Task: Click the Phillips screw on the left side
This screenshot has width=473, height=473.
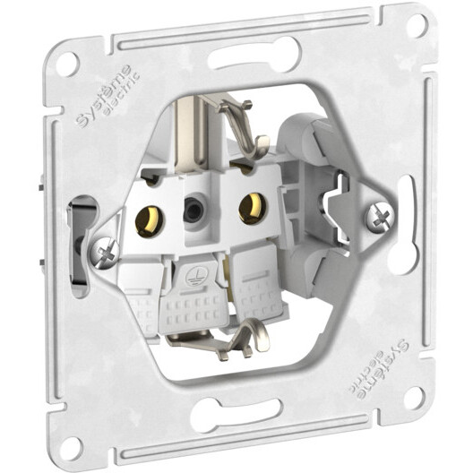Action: (x=103, y=252)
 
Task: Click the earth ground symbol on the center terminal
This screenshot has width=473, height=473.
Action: (x=192, y=279)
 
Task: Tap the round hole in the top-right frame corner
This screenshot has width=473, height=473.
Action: (x=414, y=24)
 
